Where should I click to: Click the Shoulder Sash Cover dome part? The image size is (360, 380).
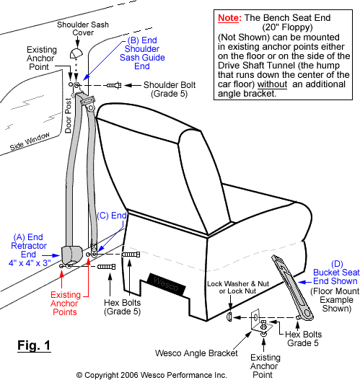tap(76, 53)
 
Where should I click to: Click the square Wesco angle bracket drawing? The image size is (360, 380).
tap(261, 320)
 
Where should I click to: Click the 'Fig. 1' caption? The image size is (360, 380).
tap(33, 345)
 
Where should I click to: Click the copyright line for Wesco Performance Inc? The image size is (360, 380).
tap(152, 374)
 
